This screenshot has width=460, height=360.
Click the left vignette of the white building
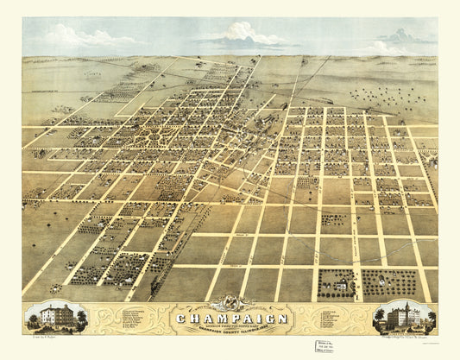coord(55,317)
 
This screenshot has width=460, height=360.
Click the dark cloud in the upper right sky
coord(399,36)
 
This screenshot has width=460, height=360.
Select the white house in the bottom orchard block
coord(339,281)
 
